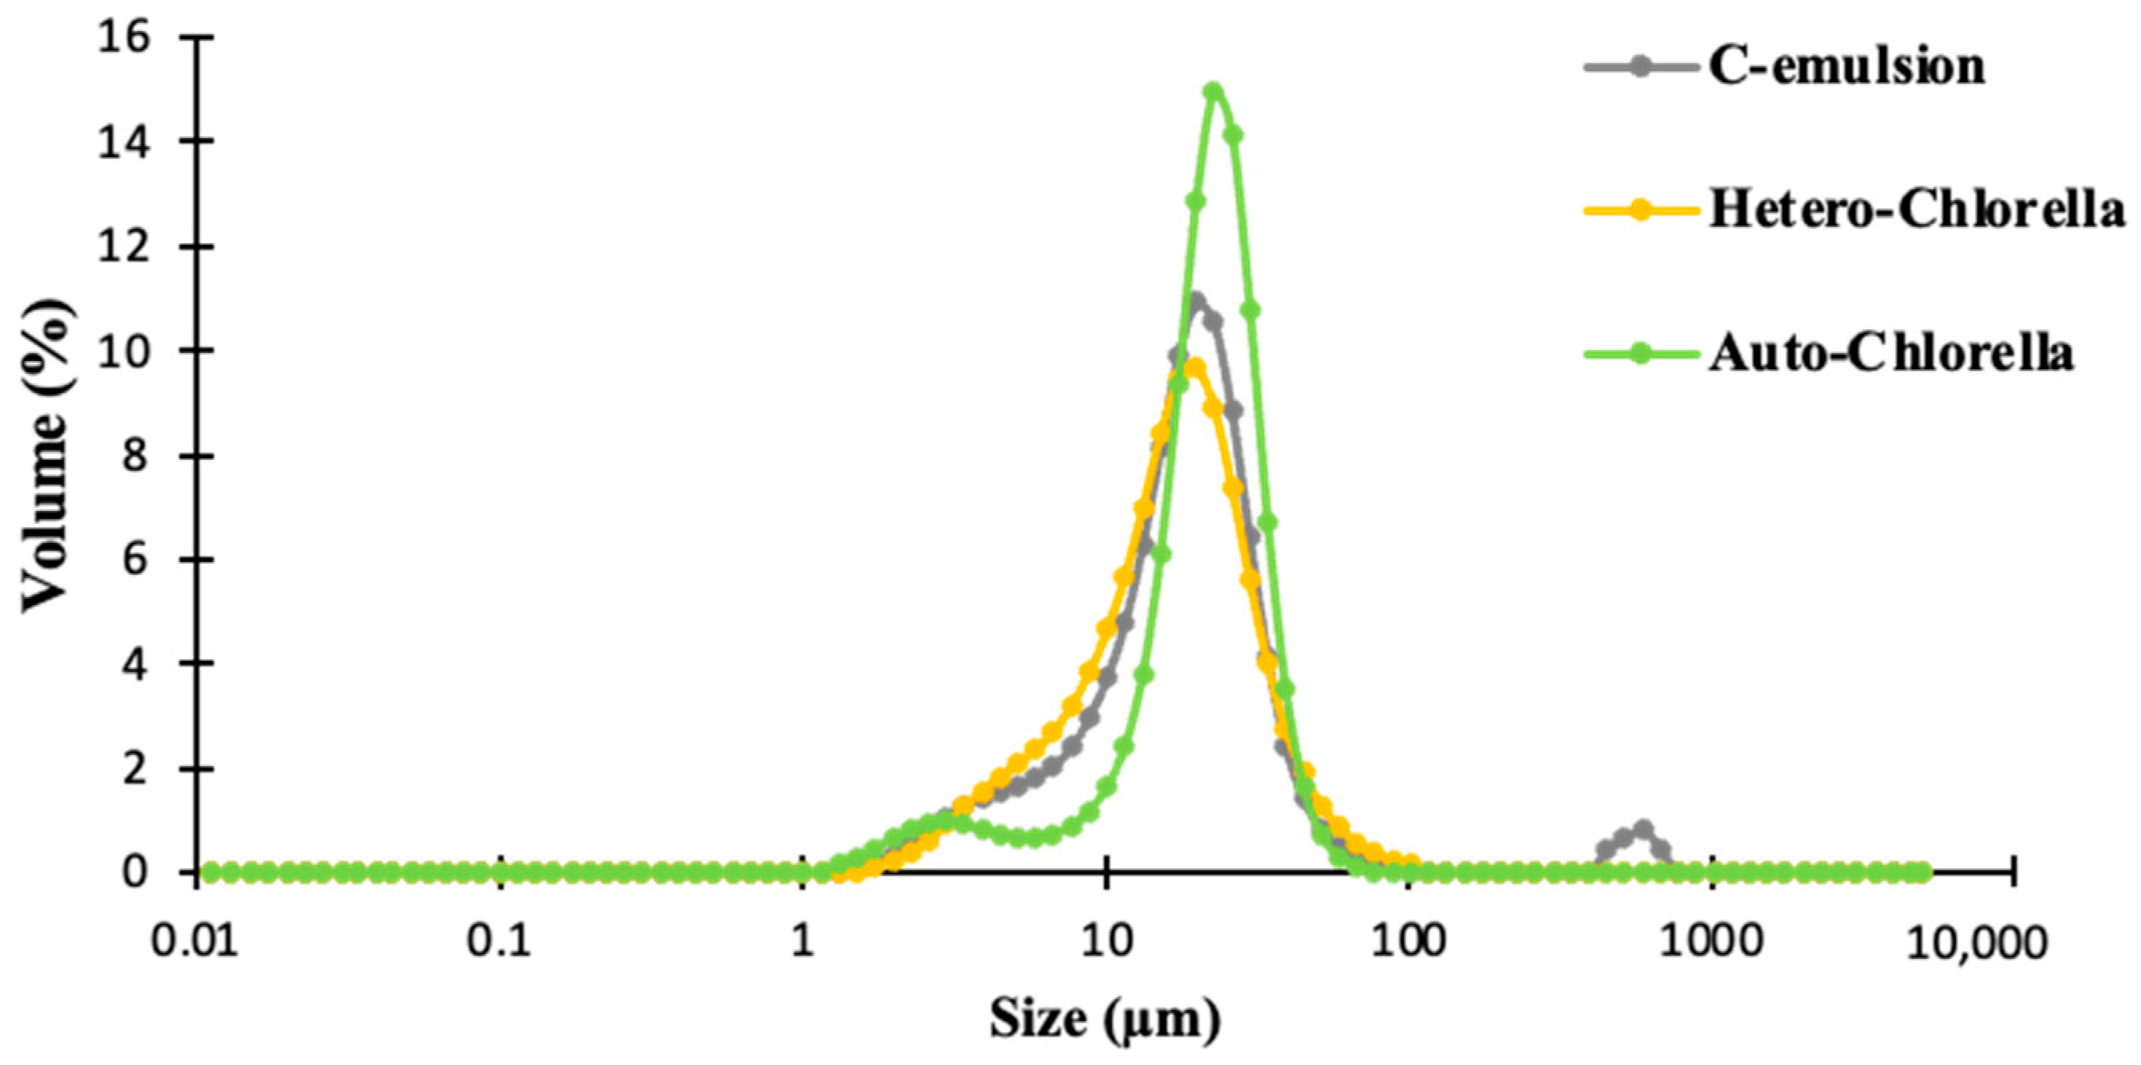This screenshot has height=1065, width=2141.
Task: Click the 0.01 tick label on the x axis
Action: point(199,945)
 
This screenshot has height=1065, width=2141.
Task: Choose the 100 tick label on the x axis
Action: point(1410,945)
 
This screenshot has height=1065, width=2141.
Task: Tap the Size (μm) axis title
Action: point(1106,1019)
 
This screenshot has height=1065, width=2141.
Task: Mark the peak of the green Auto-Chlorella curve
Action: point(1214,90)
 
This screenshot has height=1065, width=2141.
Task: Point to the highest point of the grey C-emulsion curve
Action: point(1197,300)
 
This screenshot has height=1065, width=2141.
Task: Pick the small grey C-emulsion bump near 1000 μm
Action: point(1642,828)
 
